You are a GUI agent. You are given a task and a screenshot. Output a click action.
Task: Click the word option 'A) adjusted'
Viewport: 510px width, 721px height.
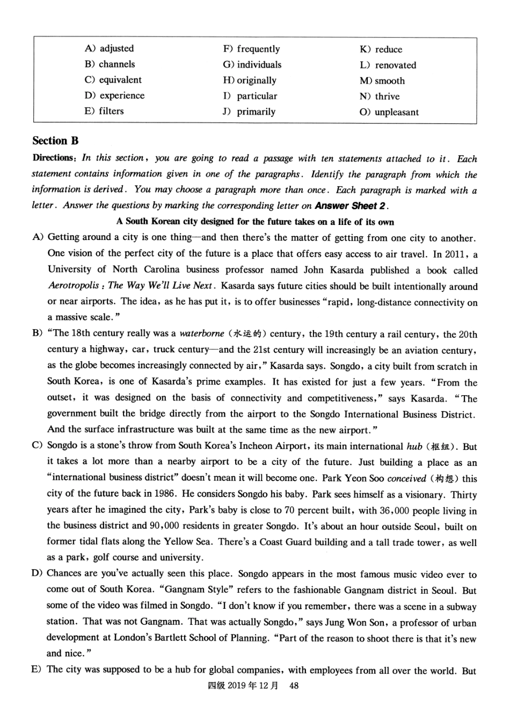pos(109,48)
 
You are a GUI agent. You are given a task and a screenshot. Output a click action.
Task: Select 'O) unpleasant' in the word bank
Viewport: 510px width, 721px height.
pos(389,112)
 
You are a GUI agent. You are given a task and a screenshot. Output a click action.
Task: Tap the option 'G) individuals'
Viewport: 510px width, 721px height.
pos(252,64)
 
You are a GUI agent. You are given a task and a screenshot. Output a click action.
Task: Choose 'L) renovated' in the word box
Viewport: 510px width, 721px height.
pos(388,65)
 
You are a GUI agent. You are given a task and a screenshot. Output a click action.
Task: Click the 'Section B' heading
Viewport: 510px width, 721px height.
pos(55,141)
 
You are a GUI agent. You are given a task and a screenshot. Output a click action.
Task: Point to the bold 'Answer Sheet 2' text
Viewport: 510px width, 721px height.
pos(349,206)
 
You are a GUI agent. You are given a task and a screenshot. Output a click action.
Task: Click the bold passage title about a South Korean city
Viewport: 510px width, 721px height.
pos(255,222)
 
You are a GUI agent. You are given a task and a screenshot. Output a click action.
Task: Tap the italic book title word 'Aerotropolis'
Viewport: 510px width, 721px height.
pos(74,286)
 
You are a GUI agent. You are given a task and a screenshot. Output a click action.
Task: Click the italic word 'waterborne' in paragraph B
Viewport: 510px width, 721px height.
pos(202,333)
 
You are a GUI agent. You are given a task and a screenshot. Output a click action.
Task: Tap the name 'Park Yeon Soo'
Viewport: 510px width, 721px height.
pos(352,478)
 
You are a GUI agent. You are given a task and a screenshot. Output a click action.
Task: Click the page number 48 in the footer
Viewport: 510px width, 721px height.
pos(294,686)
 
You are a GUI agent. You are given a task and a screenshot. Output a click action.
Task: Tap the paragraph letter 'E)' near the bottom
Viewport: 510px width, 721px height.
pos(37,669)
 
